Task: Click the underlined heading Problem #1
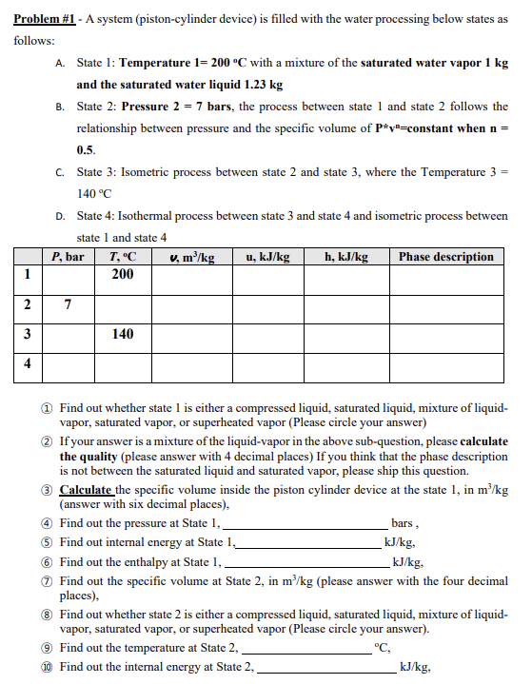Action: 46,19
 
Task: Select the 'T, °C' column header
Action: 123,257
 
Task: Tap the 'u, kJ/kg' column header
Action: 267,257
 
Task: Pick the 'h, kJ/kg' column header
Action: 346,257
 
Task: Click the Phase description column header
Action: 446,257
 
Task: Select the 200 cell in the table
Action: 123,274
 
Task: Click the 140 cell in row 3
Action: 123,335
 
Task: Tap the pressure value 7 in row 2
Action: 67,304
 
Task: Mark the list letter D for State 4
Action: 60,217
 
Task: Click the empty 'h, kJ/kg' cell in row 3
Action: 346,335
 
